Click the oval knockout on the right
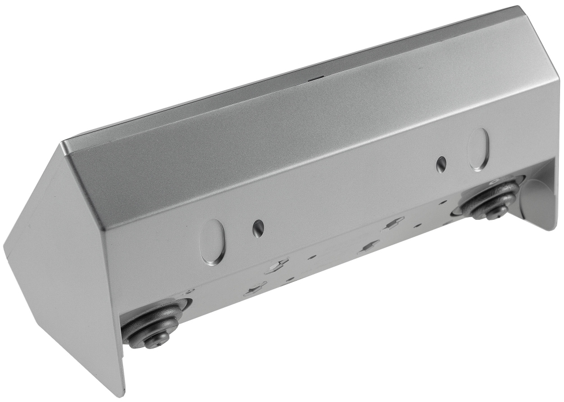point(479,149)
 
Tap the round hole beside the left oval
point(258,228)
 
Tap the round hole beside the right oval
point(441,164)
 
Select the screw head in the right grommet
point(496,211)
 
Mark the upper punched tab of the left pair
point(277,265)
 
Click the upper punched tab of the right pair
point(394,223)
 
